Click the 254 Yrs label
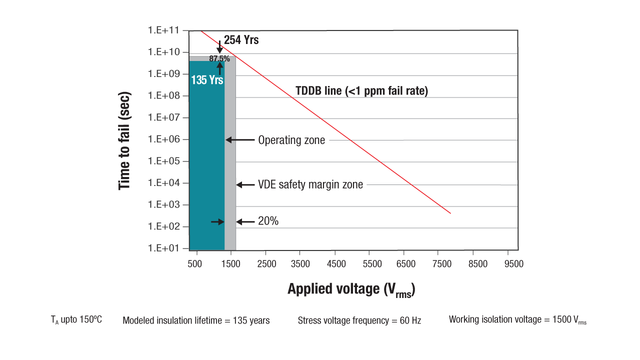[x=241, y=40]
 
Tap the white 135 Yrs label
[x=207, y=79]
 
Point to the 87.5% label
[x=219, y=59]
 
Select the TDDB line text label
[x=361, y=91]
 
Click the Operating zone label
[x=291, y=140]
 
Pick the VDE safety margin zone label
[x=310, y=185]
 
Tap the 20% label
[x=268, y=221]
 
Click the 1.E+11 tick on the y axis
[x=163, y=30]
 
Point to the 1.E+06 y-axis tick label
[x=163, y=139]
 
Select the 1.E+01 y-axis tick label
[x=163, y=248]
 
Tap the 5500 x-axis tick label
[x=372, y=264]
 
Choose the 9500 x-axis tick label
[x=513, y=264]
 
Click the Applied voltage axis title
[x=351, y=289]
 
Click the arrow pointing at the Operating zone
[x=240, y=140]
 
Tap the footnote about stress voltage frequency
[x=359, y=320]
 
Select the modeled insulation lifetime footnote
[x=196, y=320]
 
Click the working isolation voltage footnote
[x=517, y=320]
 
